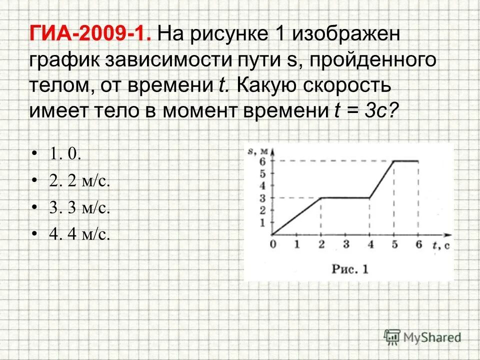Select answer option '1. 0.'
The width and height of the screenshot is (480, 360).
pyautogui.click(x=65, y=154)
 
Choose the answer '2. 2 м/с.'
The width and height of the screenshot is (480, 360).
pyautogui.click(x=79, y=181)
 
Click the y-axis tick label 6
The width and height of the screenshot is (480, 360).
pyautogui.click(x=263, y=161)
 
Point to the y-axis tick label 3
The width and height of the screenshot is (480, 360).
pyautogui.click(x=263, y=197)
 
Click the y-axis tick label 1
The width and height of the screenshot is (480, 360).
pyautogui.click(x=263, y=222)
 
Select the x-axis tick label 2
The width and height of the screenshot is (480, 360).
pyautogui.click(x=321, y=244)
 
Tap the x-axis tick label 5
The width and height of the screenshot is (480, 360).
pyautogui.click(x=394, y=244)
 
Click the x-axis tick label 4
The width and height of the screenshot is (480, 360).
pyautogui.click(x=370, y=244)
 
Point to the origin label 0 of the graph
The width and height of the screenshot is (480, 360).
pyautogui.click(x=272, y=244)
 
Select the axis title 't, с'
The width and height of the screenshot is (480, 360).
pyautogui.click(x=440, y=244)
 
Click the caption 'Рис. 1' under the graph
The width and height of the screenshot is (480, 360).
pyautogui.click(x=350, y=268)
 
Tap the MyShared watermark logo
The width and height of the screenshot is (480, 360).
pyautogui.click(x=422, y=336)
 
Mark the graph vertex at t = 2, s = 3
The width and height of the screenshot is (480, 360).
pyautogui.click(x=321, y=197)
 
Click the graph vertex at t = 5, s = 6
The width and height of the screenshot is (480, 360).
pyautogui.click(x=394, y=161)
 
